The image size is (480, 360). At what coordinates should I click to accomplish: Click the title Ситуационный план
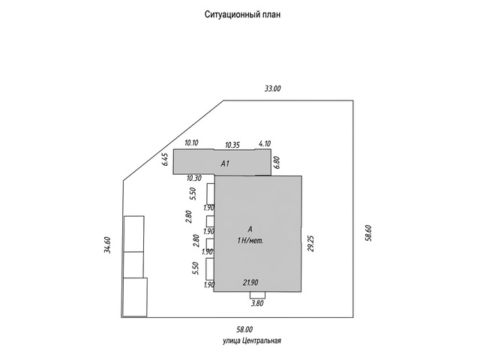click(x=242, y=14)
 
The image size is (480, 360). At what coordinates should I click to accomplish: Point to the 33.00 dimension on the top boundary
click(x=272, y=88)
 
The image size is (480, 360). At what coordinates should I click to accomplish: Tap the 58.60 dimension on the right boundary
click(x=368, y=233)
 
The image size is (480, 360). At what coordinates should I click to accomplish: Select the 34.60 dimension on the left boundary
click(x=107, y=245)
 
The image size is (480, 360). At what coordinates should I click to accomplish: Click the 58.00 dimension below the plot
click(x=244, y=329)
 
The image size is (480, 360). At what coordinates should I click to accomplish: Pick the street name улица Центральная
click(x=252, y=340)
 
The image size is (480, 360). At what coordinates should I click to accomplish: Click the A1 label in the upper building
click(x=225, y=163)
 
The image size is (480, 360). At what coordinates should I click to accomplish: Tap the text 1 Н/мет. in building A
click(x=250, y=241)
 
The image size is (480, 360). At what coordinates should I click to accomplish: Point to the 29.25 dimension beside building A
click(x=311, y=243)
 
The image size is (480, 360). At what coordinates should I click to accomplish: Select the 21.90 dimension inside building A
click(x=250, y=283)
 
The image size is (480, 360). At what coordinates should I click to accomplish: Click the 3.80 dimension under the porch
click(x=257, y=303)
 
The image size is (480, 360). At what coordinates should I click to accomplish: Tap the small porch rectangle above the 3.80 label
click(x=257, y=295)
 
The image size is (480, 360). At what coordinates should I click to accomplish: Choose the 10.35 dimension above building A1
click(x=232, y=145)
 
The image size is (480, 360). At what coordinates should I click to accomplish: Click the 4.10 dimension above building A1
click(x=265, y=143)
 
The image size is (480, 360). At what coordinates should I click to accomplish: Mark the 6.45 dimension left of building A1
click(x=165, y=160)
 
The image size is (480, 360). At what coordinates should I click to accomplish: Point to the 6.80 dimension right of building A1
click(x=277, y=163)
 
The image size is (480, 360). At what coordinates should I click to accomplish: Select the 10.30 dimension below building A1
click(x=193, y=178)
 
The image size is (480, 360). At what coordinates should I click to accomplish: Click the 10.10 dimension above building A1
click(x=192, y=142)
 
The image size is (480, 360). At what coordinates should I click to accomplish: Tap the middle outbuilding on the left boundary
click(x=133, y=265)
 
